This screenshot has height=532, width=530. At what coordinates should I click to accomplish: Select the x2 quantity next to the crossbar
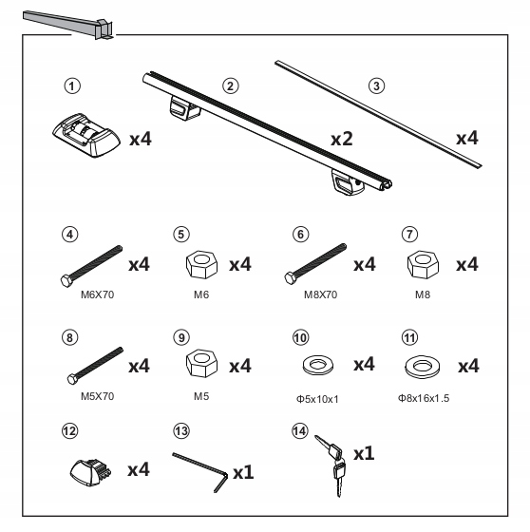coord(343,139)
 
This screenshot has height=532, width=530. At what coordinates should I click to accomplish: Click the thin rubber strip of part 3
coord(380,114)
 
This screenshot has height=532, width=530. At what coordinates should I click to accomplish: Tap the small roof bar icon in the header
coord(66,24)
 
